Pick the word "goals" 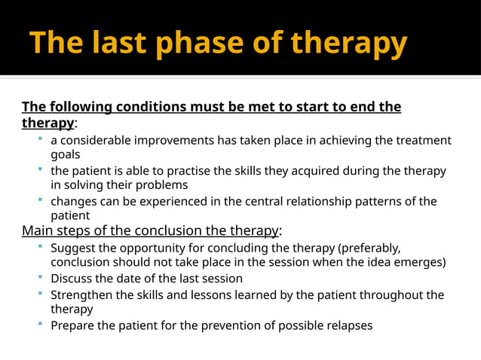click(66, 154)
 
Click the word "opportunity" click(175, 248)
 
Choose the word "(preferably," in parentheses click(367, 248)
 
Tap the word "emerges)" click(419, 262)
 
